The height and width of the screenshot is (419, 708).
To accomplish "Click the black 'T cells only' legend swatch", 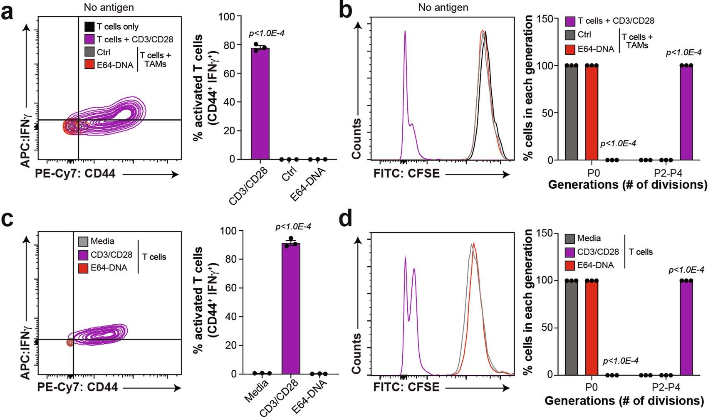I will coord(89,27).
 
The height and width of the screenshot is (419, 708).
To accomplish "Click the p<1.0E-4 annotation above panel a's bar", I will coord(267,33).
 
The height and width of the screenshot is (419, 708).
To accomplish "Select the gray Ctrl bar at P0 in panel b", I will coord(571,113).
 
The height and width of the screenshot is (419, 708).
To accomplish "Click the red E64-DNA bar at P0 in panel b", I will coord(591,113).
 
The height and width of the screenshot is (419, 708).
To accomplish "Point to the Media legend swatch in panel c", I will coord(83,242).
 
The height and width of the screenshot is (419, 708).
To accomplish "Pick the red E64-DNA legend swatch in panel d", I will coord(570,265).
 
